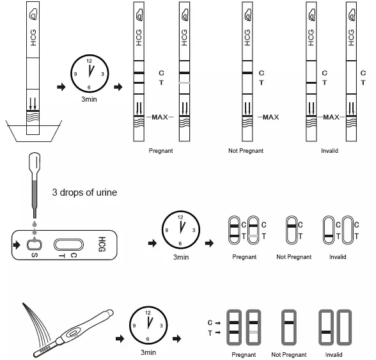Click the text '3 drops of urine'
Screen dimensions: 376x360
coord(84,192)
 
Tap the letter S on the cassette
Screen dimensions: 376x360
coord(35,255)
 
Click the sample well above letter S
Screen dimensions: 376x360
coord(35,245)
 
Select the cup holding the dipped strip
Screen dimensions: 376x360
coord(34,131)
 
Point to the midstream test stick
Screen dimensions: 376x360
coord(73,333)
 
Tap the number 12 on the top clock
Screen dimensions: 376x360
coord(90,61)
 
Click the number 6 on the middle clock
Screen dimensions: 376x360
coord(180,244)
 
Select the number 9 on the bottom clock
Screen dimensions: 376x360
coord(134,325)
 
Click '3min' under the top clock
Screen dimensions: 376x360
coord(89,99)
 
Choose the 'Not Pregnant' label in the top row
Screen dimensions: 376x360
coord(246,151)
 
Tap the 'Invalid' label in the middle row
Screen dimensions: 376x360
coord(338,257)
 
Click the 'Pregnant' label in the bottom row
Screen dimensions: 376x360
coord(244,354)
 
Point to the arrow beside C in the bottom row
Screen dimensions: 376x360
coord(217,323)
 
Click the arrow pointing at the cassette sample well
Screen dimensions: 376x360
coord(17,245)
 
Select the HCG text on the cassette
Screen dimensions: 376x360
coord(102,244)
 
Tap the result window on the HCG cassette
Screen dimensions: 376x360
coord(68,245)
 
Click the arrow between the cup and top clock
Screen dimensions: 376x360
coord(61,87)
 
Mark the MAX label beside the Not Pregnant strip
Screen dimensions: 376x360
coord(270,117)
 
